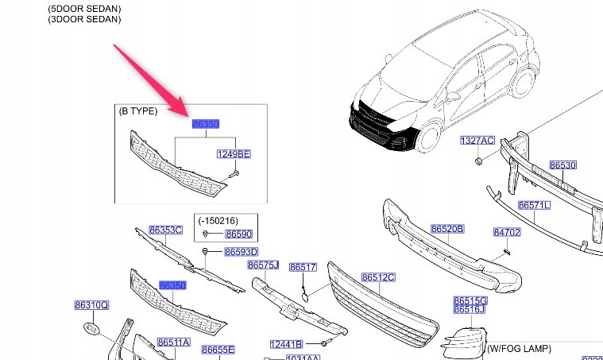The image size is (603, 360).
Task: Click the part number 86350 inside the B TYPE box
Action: coord(205,125)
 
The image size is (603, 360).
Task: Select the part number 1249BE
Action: coord(234,154)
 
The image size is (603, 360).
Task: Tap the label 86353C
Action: coord(167,230)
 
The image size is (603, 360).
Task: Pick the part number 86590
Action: coord(238,234)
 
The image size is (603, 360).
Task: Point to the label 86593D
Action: coord(241,253)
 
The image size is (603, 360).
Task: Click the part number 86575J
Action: coord(263,265)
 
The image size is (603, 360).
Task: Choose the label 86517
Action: coord(302,268)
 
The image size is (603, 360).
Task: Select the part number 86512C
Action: coord(378,277)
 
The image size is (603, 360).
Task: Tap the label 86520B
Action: coord(447,229)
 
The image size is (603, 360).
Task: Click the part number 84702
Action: coord(506,233)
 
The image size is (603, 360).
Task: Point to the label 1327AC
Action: coord(478,141)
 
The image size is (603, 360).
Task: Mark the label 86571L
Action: coord(535,205)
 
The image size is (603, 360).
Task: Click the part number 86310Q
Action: coord(91,305)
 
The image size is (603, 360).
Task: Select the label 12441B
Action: coord(286,344)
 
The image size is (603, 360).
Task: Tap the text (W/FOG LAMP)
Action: coord(519,349)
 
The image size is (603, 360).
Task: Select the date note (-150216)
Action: coord(217,220)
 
